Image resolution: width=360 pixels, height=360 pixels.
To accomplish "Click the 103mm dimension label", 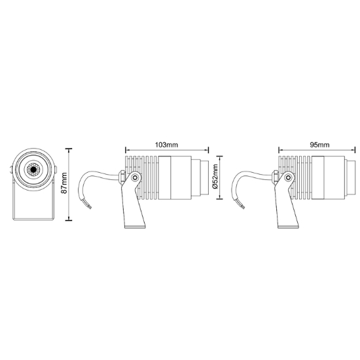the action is (167, 145).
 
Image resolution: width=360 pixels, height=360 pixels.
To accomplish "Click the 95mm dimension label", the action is (319, 145).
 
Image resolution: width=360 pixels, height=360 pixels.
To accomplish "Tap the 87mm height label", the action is (65, 183).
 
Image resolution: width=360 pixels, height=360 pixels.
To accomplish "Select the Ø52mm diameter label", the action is (215, 176).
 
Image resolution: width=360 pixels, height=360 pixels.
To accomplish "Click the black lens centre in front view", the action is (33, 170).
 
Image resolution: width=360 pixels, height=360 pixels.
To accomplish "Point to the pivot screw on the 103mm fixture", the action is (135, 177).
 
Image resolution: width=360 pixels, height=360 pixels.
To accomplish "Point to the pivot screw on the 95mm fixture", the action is (289, 177).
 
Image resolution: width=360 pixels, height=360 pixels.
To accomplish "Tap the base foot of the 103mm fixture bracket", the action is (135, 226).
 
